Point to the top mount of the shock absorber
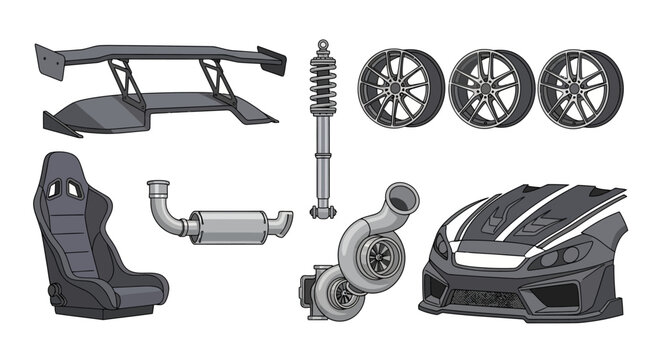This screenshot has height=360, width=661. pyautogui.click(x=323, y=47)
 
